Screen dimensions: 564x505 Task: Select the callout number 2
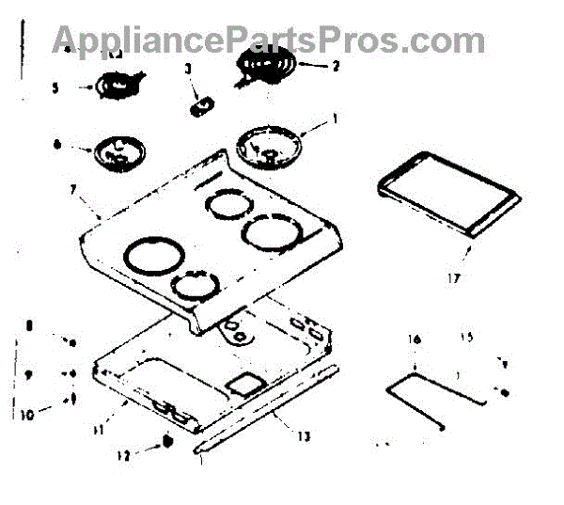336,66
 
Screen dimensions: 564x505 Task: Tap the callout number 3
188,69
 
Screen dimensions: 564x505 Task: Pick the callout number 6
57,145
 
